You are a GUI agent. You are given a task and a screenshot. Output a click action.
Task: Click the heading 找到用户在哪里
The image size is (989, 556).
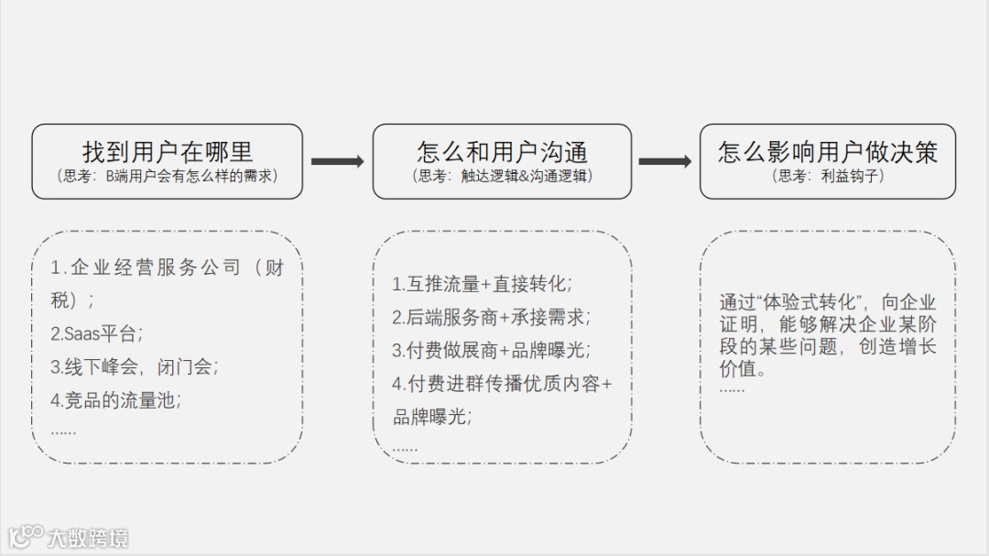[167, 151]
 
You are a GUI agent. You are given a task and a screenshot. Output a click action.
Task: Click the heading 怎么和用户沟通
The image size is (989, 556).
[502, 151]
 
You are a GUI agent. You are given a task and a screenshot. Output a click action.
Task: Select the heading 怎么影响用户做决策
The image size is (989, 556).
[827, 151]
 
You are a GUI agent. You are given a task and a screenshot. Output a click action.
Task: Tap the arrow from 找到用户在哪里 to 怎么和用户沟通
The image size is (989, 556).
[337, 161]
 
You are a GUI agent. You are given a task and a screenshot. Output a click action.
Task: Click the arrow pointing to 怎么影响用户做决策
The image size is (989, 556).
[665, 161]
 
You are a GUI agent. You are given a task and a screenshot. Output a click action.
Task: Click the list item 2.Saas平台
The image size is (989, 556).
[96, 333]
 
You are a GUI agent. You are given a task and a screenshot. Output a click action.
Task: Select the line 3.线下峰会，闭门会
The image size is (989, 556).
[134, 367]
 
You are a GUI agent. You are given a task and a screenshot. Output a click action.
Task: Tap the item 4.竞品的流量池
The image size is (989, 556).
[115, 400]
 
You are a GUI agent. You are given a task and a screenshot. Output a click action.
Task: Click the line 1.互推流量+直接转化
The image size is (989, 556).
[482, 284]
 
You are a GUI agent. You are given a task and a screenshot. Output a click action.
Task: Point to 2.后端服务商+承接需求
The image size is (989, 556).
[491, 318]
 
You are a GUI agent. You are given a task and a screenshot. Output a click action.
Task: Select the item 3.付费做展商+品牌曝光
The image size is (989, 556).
[491, 351]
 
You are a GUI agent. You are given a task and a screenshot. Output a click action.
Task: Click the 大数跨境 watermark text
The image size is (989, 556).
[89, 538]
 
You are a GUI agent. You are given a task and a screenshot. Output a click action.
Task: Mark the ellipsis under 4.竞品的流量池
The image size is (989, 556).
[63, 431]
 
